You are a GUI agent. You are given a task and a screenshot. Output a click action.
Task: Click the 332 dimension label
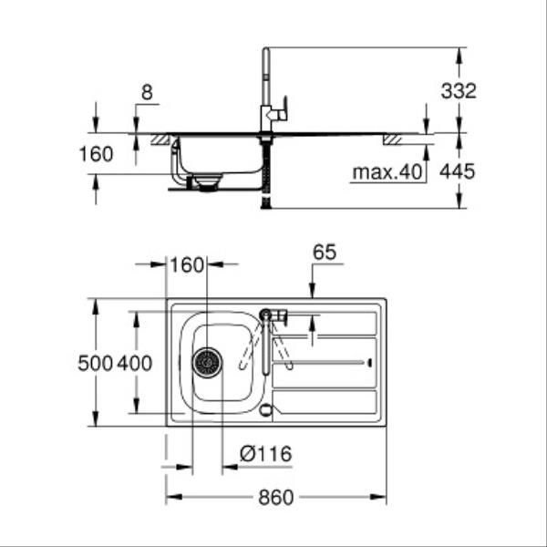[459, 91]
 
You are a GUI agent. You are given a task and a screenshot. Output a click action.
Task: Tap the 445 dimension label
[457, 171]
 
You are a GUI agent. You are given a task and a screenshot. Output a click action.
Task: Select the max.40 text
[387, 172]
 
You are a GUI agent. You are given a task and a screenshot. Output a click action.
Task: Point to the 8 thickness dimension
[147, 93]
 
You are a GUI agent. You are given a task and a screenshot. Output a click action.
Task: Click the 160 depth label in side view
[97, 154]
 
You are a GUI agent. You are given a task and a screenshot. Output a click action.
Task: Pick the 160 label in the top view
[187, 265]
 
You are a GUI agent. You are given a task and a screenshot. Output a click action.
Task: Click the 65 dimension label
[325, 252]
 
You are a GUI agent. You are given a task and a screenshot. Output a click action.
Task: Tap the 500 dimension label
[95, 363]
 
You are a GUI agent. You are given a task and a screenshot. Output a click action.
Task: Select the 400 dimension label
[135, 363]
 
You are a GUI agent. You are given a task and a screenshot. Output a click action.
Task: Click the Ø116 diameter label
[266, 454]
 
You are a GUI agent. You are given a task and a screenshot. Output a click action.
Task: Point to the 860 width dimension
[276, 498]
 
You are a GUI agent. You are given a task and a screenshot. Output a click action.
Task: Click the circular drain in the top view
[207, 363]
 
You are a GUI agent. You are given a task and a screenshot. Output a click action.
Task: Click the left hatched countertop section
[160, 139]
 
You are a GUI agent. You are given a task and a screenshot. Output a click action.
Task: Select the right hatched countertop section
[392, 139]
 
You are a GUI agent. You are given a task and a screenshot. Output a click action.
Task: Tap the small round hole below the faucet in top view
[266, 410]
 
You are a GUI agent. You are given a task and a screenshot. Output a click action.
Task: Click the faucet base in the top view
[266, 315]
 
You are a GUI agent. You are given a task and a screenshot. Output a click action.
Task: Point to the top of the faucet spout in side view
[266, 49]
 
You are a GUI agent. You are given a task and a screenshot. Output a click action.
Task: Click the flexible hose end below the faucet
[266, 203]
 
